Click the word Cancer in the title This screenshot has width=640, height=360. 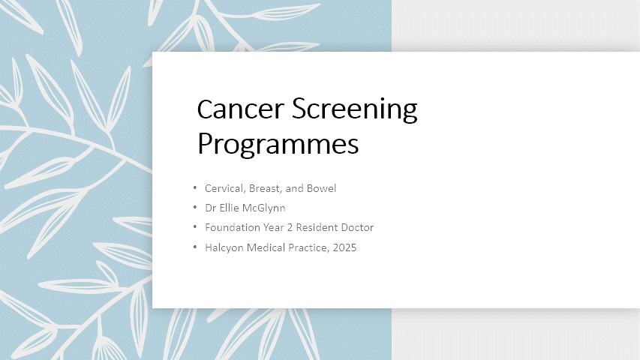pos(240,109)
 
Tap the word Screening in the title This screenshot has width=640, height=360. pos(355,109)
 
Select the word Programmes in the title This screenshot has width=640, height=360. pos(278,144)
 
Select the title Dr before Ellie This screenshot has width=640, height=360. pos(211,208)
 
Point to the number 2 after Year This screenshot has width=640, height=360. pos(290,227)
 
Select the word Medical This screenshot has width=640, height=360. pos(266,247)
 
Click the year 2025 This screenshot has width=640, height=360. pos(344,247)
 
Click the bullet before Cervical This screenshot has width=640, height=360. pos(195,187)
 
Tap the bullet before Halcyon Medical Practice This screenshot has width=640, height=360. pos(195,247)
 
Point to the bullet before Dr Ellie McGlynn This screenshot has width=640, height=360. pos(195,207)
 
